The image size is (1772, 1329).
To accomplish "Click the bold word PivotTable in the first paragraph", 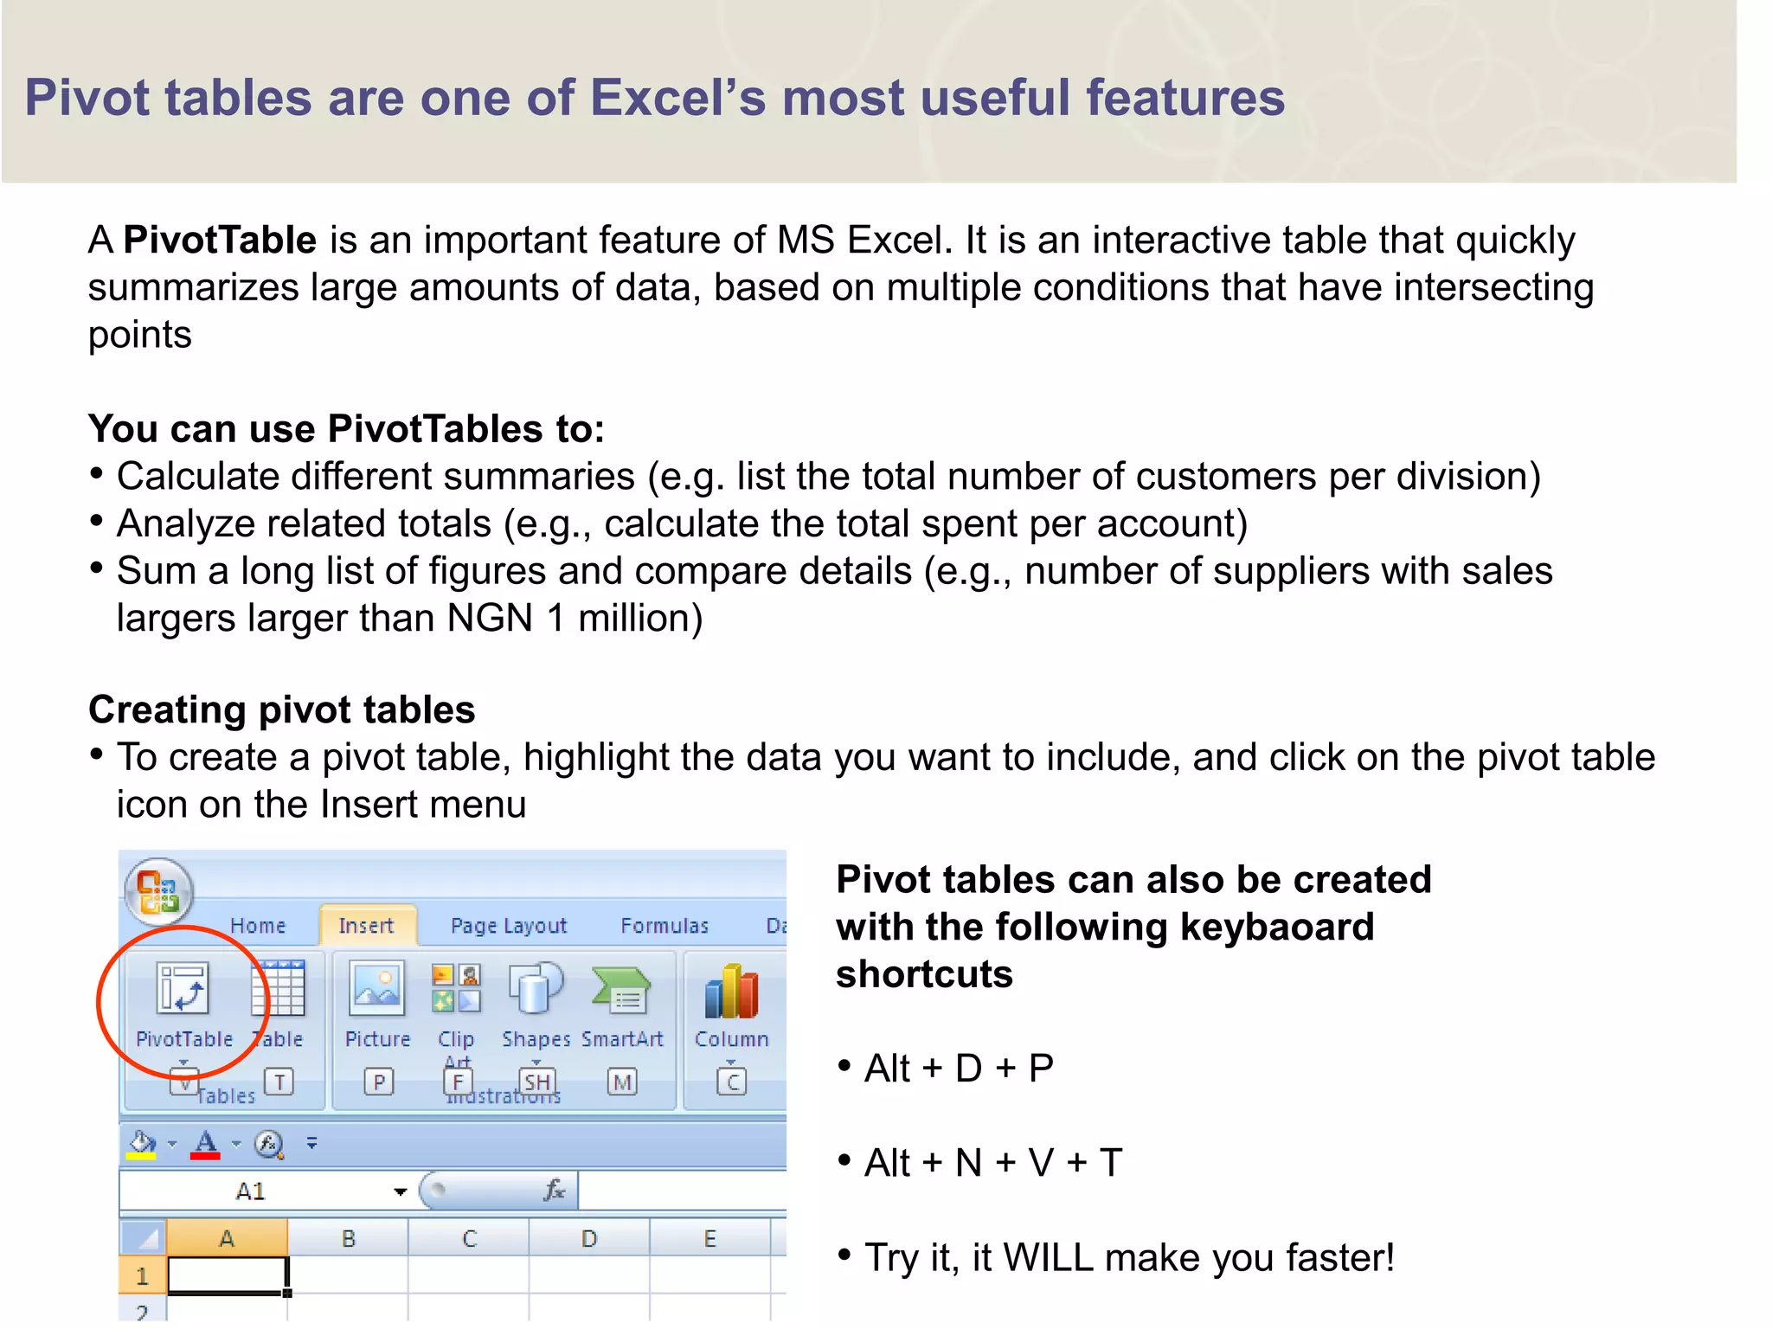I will [220, 240].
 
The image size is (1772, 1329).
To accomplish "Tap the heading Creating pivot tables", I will [282, 709].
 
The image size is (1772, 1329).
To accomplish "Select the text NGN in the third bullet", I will [490, 618].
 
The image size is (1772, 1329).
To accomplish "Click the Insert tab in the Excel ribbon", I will [366, 926].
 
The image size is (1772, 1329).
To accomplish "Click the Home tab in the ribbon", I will [258, 926].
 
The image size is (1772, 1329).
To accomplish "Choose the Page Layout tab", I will [509, 926].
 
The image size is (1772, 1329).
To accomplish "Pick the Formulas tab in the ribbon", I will [664, 926].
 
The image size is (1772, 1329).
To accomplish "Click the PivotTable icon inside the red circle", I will [183, 989].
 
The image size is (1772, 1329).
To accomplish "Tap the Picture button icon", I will [376, 989].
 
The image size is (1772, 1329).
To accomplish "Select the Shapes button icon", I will [536, 989].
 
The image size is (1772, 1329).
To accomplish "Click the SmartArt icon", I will [622, 991].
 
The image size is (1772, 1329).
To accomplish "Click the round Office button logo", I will [158, 892].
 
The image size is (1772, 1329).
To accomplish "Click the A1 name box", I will [251, 1191].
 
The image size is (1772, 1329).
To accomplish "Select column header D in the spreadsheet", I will [589, 1238].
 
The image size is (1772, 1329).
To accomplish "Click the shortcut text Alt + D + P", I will [959, 1069].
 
